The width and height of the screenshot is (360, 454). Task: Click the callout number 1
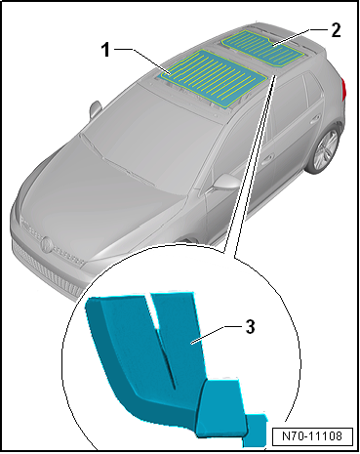[x=105, y=51]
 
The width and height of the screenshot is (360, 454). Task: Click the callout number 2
[x=336, y=30]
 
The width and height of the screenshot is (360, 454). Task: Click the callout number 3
[x=250, y=326]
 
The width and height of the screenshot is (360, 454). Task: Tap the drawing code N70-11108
[x=312, y=435]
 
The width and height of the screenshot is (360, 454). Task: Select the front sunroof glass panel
[x=214, y=78]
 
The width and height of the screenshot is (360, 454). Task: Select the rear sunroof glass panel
[x=263, y=48]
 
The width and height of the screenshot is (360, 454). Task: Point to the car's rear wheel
[x=325, y=149]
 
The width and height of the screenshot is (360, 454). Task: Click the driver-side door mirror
[x=225, y=183]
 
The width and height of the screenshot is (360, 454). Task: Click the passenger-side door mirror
[x=95, y=108]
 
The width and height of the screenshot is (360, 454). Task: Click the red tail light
[x=344, y=89]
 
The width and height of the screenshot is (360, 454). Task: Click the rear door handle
[x=314, y=118]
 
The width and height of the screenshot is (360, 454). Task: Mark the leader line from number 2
[x=291, y=37]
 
